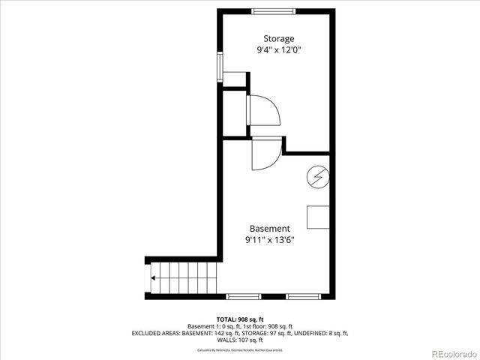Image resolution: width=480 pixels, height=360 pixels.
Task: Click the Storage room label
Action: click(278, 39)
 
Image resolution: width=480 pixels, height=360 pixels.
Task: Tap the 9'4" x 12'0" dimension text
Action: click(278, 50)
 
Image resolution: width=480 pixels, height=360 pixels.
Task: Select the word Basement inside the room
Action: click(269, 229)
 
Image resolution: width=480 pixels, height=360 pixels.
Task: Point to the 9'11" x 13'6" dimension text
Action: click(269, 240)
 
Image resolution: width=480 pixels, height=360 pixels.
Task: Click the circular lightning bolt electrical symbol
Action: click(316, 177)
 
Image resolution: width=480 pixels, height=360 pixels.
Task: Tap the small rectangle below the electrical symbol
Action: click(318, 217)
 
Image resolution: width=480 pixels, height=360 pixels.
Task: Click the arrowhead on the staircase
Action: click(154, 278)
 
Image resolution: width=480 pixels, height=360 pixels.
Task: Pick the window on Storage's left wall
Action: click(220, 67)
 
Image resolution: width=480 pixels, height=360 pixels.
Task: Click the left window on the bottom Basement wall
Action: click(244, 296)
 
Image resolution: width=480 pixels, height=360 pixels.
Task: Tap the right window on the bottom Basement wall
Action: click(304, 296)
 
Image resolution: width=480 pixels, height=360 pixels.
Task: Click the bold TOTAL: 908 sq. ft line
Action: click(240, 319)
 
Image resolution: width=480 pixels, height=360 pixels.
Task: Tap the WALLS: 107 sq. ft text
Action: click(240, 340)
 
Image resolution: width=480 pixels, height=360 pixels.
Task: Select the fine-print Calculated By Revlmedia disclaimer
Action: click(240, 350)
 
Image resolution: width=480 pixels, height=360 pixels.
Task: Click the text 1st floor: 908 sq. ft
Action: click(266, 326)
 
